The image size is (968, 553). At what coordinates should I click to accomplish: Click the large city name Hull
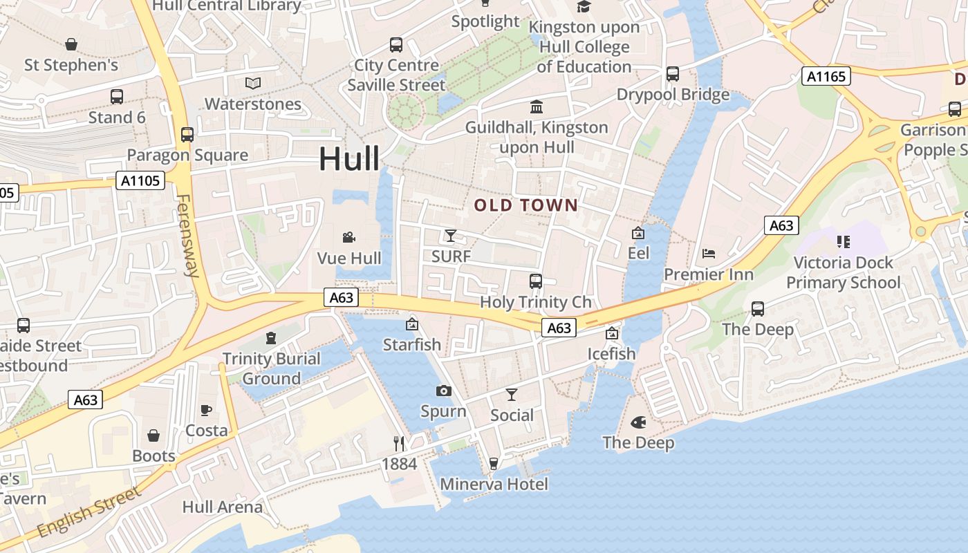349,159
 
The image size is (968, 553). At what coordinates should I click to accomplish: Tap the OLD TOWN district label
525,205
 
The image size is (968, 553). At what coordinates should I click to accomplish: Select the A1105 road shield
140,181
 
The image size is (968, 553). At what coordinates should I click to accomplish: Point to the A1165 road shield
826,76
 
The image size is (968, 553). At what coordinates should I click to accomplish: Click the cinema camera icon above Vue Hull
349,238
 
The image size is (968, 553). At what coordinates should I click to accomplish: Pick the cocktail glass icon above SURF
451,236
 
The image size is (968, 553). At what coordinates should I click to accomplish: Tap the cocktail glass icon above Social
512,395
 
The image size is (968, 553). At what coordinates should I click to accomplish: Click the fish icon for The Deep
638,422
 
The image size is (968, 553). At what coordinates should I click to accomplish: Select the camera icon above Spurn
444,391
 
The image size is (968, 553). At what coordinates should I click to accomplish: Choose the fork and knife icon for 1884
399,443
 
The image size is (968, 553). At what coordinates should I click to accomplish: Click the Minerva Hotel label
494,484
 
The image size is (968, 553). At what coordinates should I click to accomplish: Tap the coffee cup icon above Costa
206,410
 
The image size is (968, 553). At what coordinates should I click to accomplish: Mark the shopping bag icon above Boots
153,435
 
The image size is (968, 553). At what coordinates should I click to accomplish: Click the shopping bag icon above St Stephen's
71,45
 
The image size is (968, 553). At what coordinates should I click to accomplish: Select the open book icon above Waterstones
253,84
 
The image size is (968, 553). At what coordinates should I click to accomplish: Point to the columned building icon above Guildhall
537,107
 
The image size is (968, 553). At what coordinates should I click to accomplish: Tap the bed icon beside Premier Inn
709,254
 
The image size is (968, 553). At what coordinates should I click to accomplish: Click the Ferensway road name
187,235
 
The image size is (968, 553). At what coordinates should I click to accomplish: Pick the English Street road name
89,512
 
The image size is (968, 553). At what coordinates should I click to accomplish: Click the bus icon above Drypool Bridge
673,74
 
